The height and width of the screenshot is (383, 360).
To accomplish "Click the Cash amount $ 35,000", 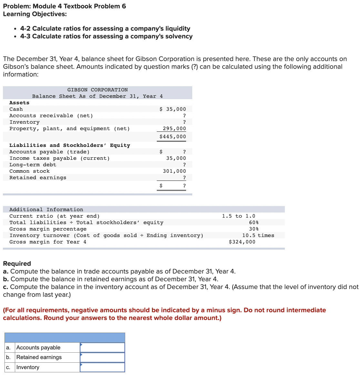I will (x=173, y=109).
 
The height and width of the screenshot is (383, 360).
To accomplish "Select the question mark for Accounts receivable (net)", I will (x=184, y=116).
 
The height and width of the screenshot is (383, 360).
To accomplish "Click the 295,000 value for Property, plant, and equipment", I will (x=174, y=129).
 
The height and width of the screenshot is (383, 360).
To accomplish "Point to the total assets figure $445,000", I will (x=173, y=137).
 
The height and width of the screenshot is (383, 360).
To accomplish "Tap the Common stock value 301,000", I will (x=174, y=171).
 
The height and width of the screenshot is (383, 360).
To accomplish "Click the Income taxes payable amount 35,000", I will (x=176, y=158).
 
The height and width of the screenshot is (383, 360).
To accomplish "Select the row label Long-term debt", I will (x=33, y=165).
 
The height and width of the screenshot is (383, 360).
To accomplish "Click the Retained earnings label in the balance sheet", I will (x=38, y=178).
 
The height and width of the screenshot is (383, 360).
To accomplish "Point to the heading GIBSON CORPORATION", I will (x=97, y=90).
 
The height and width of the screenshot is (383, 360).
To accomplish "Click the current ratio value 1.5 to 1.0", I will (x=238, y=216).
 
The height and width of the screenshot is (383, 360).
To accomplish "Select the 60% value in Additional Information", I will (x=254, y=223).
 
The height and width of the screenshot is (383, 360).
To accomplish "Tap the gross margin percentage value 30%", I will (x=254, y=229).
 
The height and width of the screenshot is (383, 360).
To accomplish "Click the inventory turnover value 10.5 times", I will (x=258, y=235).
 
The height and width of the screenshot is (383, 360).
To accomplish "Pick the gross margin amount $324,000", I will (x=242, y=242).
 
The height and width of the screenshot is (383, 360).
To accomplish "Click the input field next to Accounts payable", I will (x=102, y=347).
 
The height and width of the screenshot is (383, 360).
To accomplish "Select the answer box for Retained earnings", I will (x=102, y=357).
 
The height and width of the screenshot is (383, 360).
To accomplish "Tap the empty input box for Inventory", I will (x=102, y=367).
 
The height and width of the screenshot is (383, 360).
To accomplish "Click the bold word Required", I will (x=17, y=264).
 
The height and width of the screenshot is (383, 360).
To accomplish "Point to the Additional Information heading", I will (x=46, y=210).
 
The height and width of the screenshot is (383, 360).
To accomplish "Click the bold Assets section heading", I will (x=19, y=103).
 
